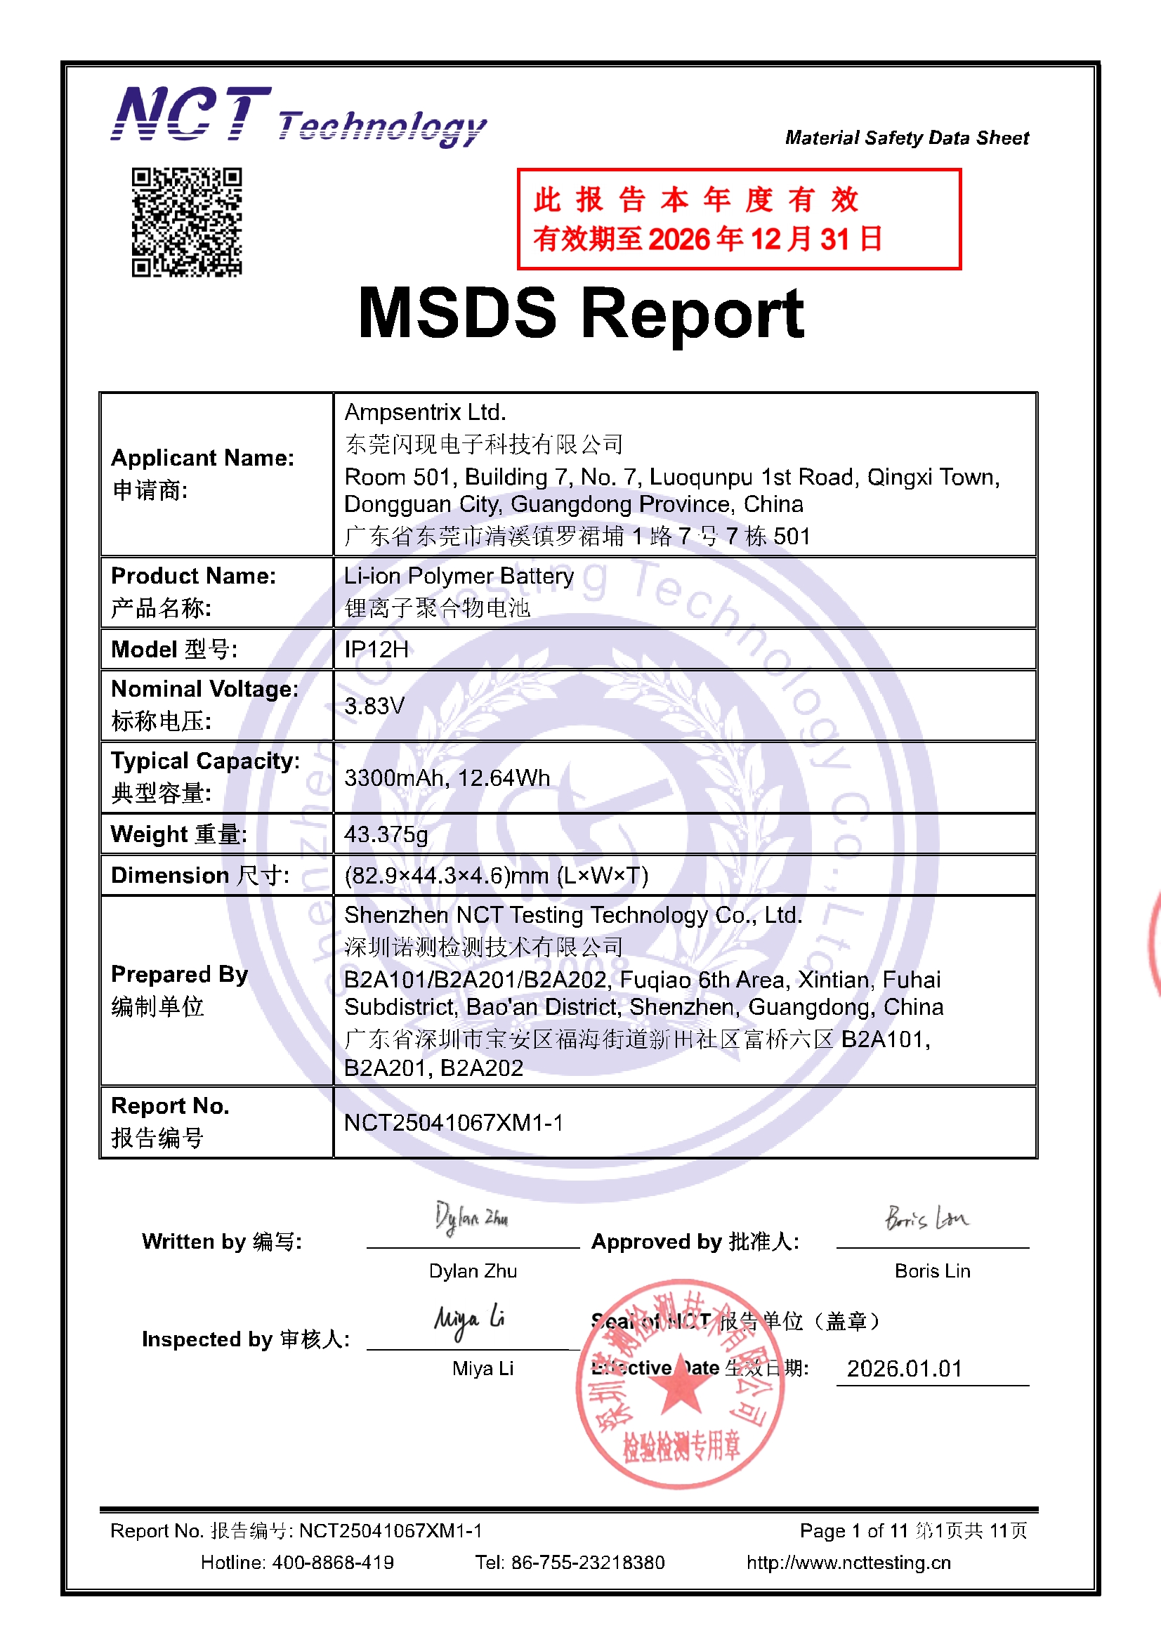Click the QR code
coord(187,222)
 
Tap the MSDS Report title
coord(581,313)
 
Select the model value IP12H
coord(376,650)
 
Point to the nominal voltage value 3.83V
coord(374,706)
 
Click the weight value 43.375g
coord(386,834)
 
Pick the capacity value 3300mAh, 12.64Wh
coord(447,777)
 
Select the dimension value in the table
coord(497,875)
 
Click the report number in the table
coord(454,1123)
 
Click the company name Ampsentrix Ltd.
coord(425,412)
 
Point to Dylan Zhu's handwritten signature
coord(471,1218)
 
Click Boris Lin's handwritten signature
coord(926,1217)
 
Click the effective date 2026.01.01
coord(904,1368)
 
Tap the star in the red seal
coord(678,1388)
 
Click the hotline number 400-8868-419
coord(333,1563)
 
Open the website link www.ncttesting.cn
coord(848,1563)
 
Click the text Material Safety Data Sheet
coord(906,138)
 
